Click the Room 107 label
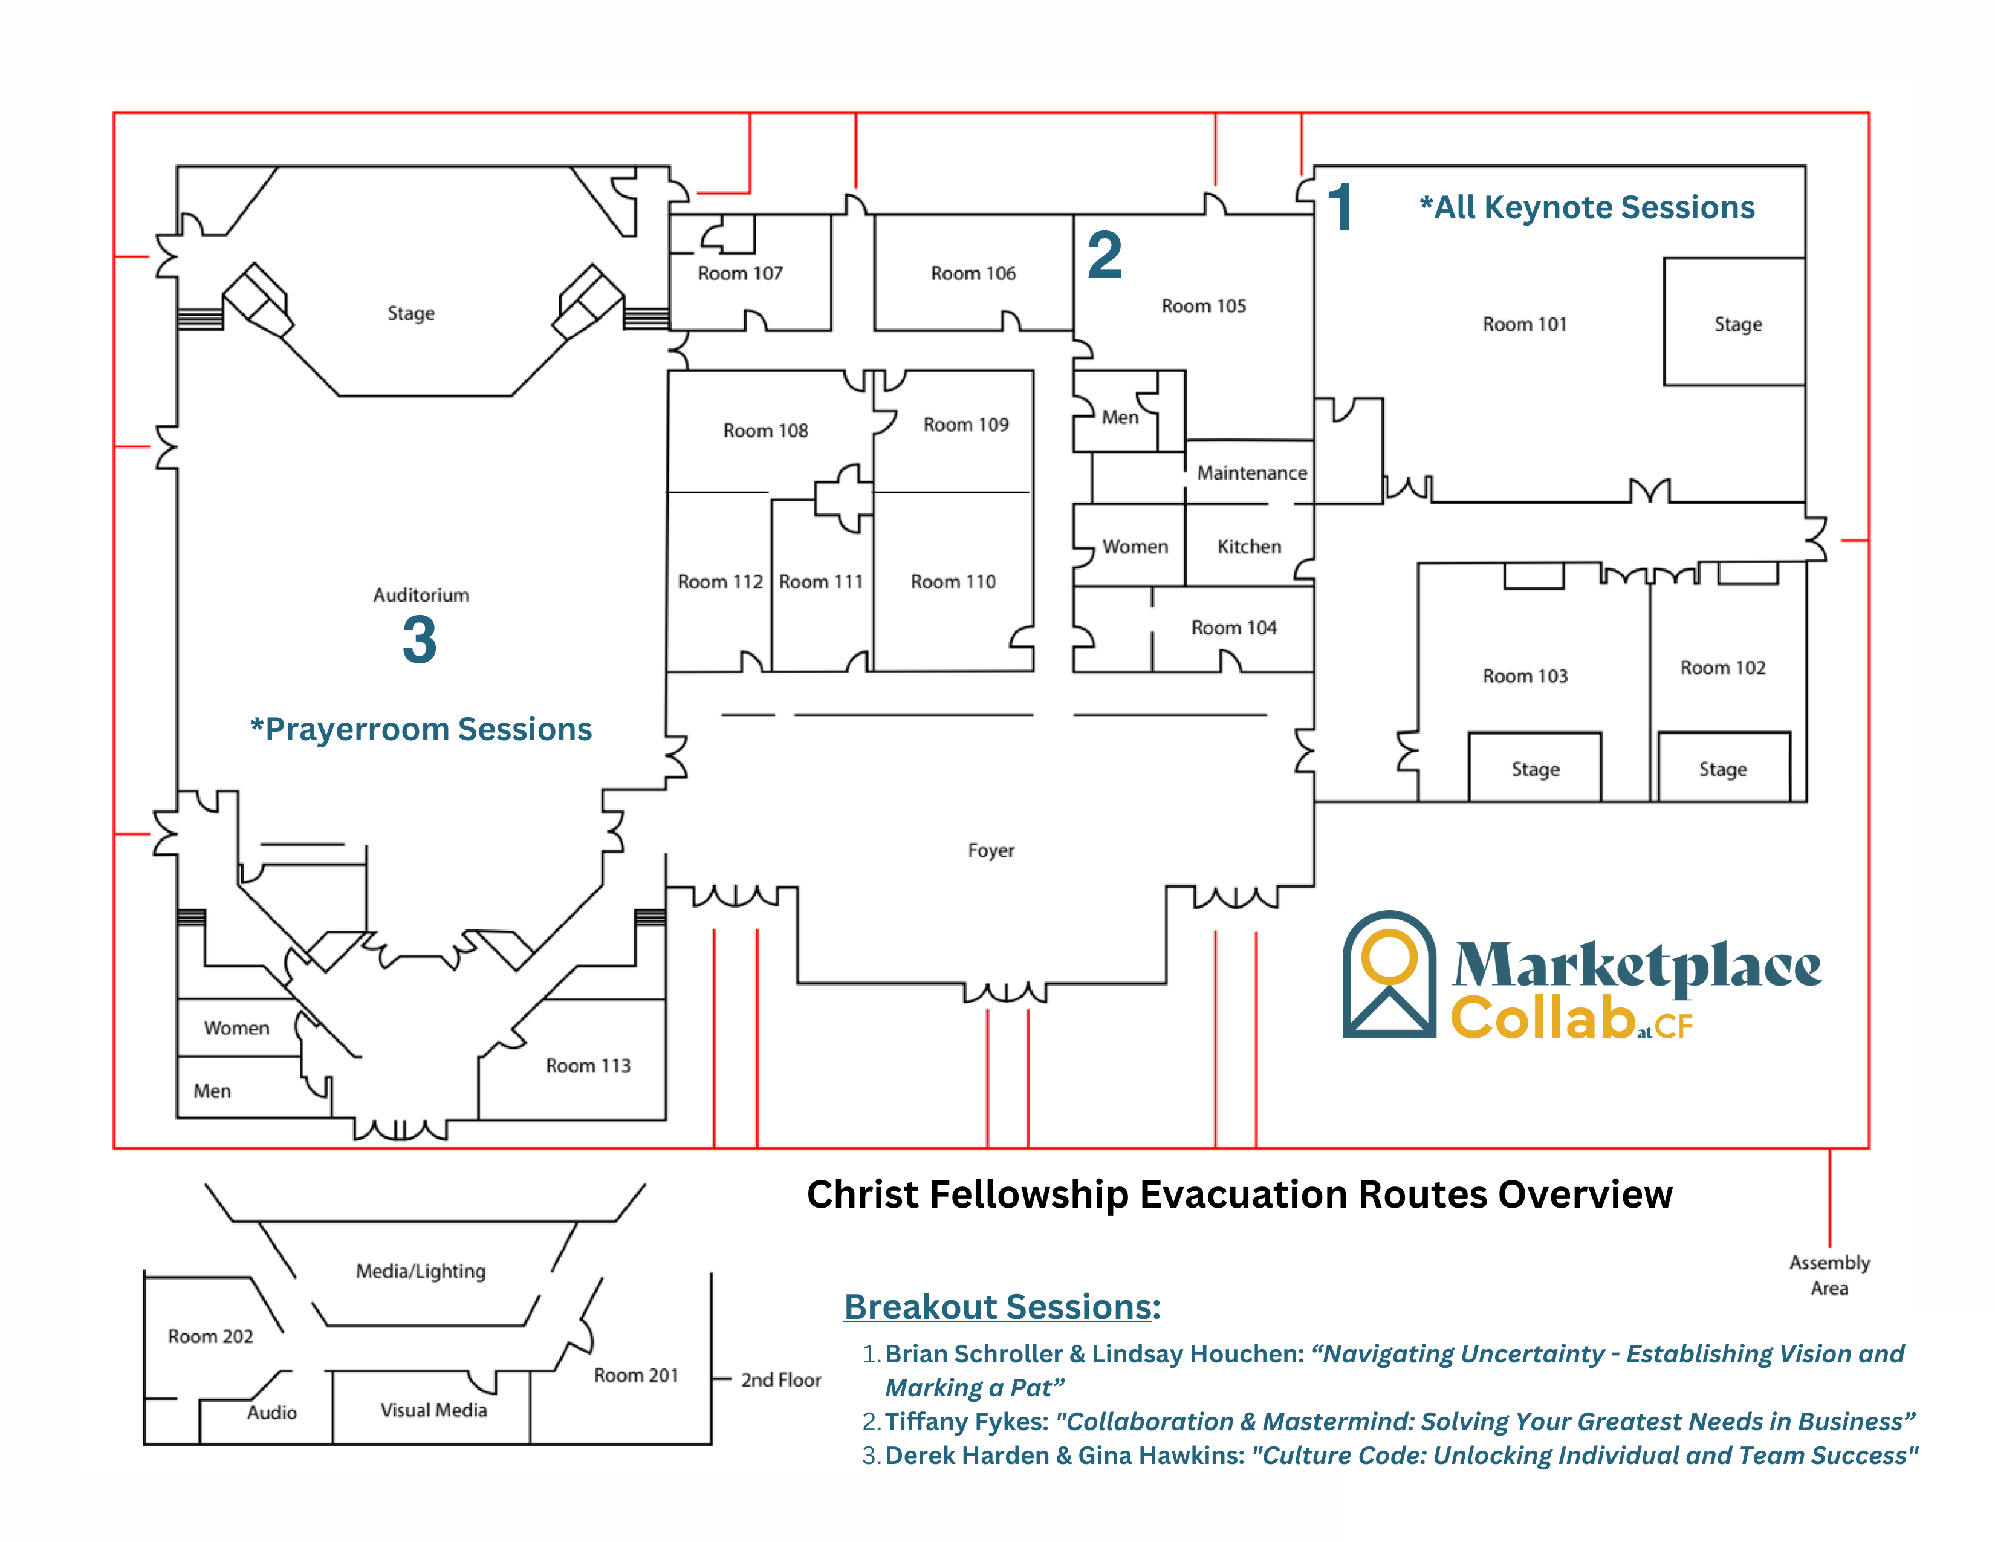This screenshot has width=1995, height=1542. click(x=740, y=273)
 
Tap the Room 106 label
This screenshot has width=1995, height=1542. click(x=973, y=273)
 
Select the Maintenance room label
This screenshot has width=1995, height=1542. click(x=1251, y=473)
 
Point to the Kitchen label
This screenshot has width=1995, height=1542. click(x=1249, y=546)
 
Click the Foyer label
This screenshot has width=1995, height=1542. click(x=991, y=850)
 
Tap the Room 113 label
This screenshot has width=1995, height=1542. click(x=588, y=1065)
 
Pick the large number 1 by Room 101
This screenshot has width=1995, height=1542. click(x=1340, y=207)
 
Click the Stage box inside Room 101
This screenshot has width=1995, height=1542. click(x=1734, y=322)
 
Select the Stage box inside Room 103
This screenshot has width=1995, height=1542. click(x=1534, y=768)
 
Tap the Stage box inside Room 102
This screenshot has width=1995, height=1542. click(x=1723, y=768)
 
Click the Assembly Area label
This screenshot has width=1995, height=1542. click(x=1829, y=1274)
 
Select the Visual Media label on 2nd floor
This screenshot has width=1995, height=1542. click(x=434, y=1410)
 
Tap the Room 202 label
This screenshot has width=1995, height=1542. click(x=210, y=1336)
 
